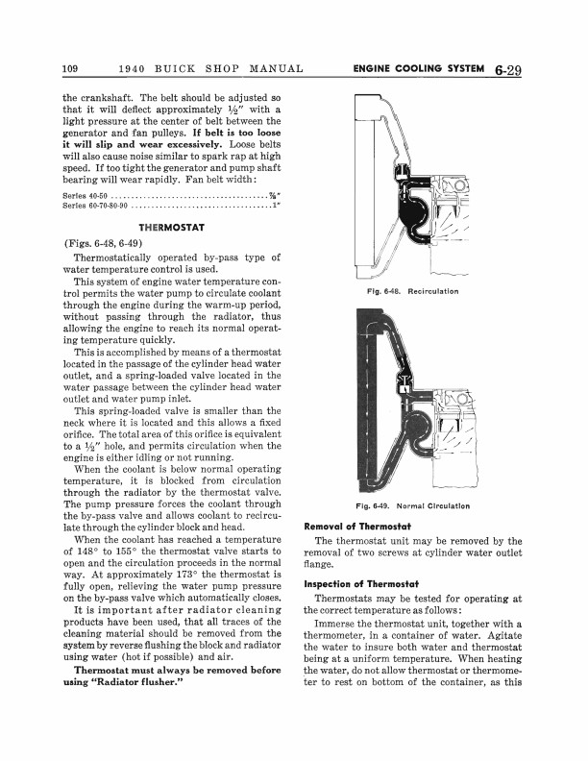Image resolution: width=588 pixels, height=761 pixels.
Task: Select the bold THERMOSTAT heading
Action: click(168, 228)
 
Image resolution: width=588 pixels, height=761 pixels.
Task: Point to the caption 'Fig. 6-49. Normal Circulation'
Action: click(413, 505)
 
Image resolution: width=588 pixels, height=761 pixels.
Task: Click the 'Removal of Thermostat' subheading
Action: click(356, 526)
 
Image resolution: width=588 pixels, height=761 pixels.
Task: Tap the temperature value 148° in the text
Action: click(89, 552)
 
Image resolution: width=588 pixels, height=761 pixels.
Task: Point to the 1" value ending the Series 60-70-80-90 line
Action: click(277, 205)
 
